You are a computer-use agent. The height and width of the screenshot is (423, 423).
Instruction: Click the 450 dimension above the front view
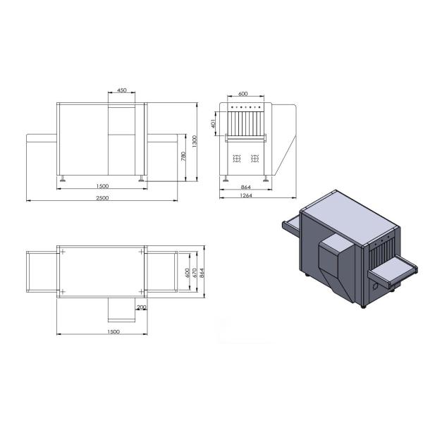point(122,91)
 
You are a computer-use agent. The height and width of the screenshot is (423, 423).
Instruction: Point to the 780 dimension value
point(183,156)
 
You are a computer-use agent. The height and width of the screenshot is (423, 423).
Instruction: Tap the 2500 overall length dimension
point(103,197)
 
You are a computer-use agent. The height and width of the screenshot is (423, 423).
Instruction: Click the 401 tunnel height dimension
point(213,124)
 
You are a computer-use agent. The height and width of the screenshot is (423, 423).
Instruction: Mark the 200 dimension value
point(141,307)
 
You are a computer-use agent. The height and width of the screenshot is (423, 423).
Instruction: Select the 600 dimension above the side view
point(243,94)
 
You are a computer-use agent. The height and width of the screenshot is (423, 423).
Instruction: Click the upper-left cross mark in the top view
point(63,252)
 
